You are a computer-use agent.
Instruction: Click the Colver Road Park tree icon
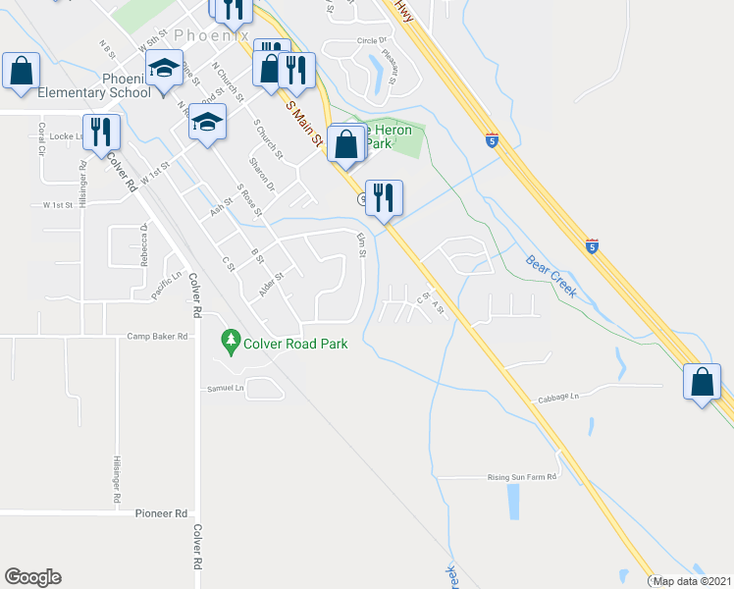[232, 342]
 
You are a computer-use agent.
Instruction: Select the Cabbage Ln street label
[559, 398]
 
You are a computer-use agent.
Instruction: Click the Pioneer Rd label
[161, 513]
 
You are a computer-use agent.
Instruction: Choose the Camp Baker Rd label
[157, 336]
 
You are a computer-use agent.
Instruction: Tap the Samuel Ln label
[225, 389]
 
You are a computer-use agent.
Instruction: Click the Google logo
[32, 577]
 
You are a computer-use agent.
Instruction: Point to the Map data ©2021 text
[692, 581]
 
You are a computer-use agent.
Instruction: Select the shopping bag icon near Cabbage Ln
[703, 381]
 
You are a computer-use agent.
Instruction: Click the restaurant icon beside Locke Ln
[101, 132]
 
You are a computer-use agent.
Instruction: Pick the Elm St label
[362, 245]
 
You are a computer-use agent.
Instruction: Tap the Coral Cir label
[42, 138]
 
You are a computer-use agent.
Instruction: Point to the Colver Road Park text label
[295, 344]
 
